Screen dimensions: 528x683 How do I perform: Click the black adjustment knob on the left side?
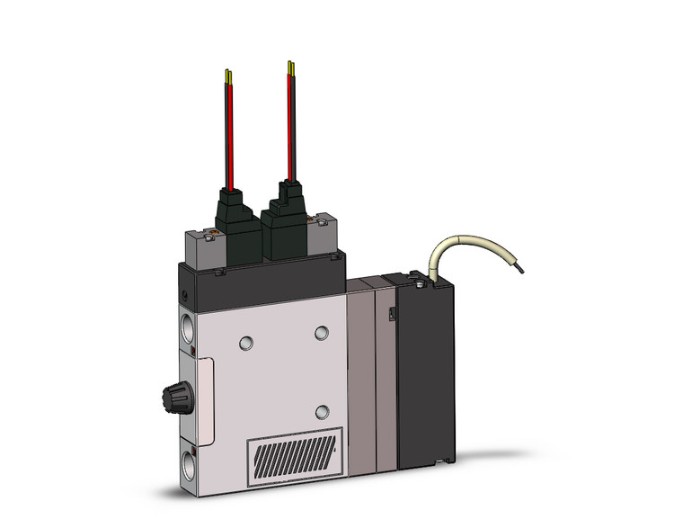tap(173, 393)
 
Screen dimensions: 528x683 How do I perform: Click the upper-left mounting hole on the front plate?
tap(245, 342)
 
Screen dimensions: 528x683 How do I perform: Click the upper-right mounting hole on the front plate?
tap(322, 332)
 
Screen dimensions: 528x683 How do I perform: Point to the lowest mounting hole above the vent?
tap(322, 411)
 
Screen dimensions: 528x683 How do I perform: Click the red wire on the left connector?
tap(228, 135)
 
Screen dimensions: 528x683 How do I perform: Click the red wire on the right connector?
tap(289, 126)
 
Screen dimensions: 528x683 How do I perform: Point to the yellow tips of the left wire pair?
tap(228, 76)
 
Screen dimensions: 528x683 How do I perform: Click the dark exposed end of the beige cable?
tap(519, 267)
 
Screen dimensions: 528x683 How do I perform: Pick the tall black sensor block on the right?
tap(426, 369)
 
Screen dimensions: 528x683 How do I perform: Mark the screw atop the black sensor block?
tap(418, 284)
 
